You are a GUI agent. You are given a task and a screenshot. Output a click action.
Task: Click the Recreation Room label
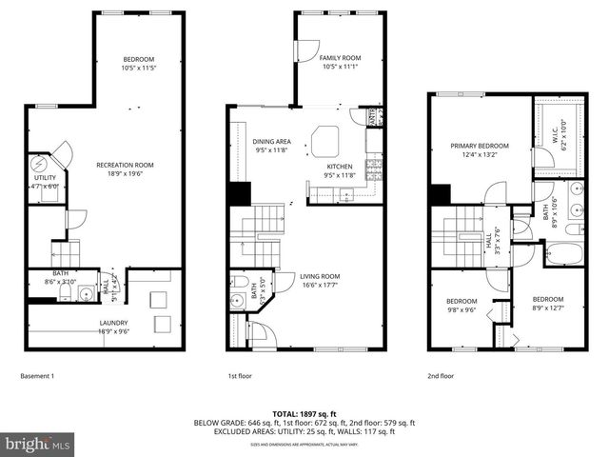[125, 165]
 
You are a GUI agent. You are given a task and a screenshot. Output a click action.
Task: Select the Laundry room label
[113, 323]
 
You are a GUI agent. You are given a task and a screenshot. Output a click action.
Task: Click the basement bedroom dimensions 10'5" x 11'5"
[138, 69]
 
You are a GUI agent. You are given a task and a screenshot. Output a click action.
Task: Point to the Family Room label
[340, 58]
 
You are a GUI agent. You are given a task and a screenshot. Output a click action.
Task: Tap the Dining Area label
[271, 142]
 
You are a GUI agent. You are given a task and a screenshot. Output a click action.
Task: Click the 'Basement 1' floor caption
[37, 376]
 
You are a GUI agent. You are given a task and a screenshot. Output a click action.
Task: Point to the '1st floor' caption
[240, 376]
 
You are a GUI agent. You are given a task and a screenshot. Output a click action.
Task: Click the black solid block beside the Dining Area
[237, 191]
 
